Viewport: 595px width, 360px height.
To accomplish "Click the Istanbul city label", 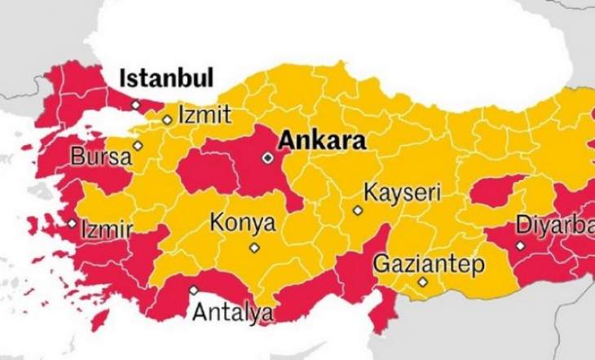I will (166, 79).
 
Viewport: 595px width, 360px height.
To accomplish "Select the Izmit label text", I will (204, 113).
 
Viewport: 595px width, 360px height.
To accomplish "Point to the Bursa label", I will (100, 156).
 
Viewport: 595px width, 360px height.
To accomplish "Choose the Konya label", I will (243, 222).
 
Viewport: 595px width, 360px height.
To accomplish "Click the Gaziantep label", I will (429, 264).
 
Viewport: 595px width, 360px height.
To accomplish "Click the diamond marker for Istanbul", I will (135, 105).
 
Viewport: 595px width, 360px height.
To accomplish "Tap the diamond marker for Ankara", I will (267, 157).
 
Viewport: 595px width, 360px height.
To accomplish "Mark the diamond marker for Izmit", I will (166, 120).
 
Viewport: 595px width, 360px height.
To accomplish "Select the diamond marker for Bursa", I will (138, 146).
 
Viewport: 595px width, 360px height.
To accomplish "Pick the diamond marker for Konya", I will (254, 248).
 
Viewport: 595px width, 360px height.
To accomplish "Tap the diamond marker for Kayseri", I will (357, 210).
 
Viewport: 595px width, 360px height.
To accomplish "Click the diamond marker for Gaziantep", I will (422, 283).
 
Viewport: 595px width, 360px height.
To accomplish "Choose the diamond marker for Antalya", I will (193, 290).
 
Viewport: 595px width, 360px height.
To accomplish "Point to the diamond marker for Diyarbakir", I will (520, 244).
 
